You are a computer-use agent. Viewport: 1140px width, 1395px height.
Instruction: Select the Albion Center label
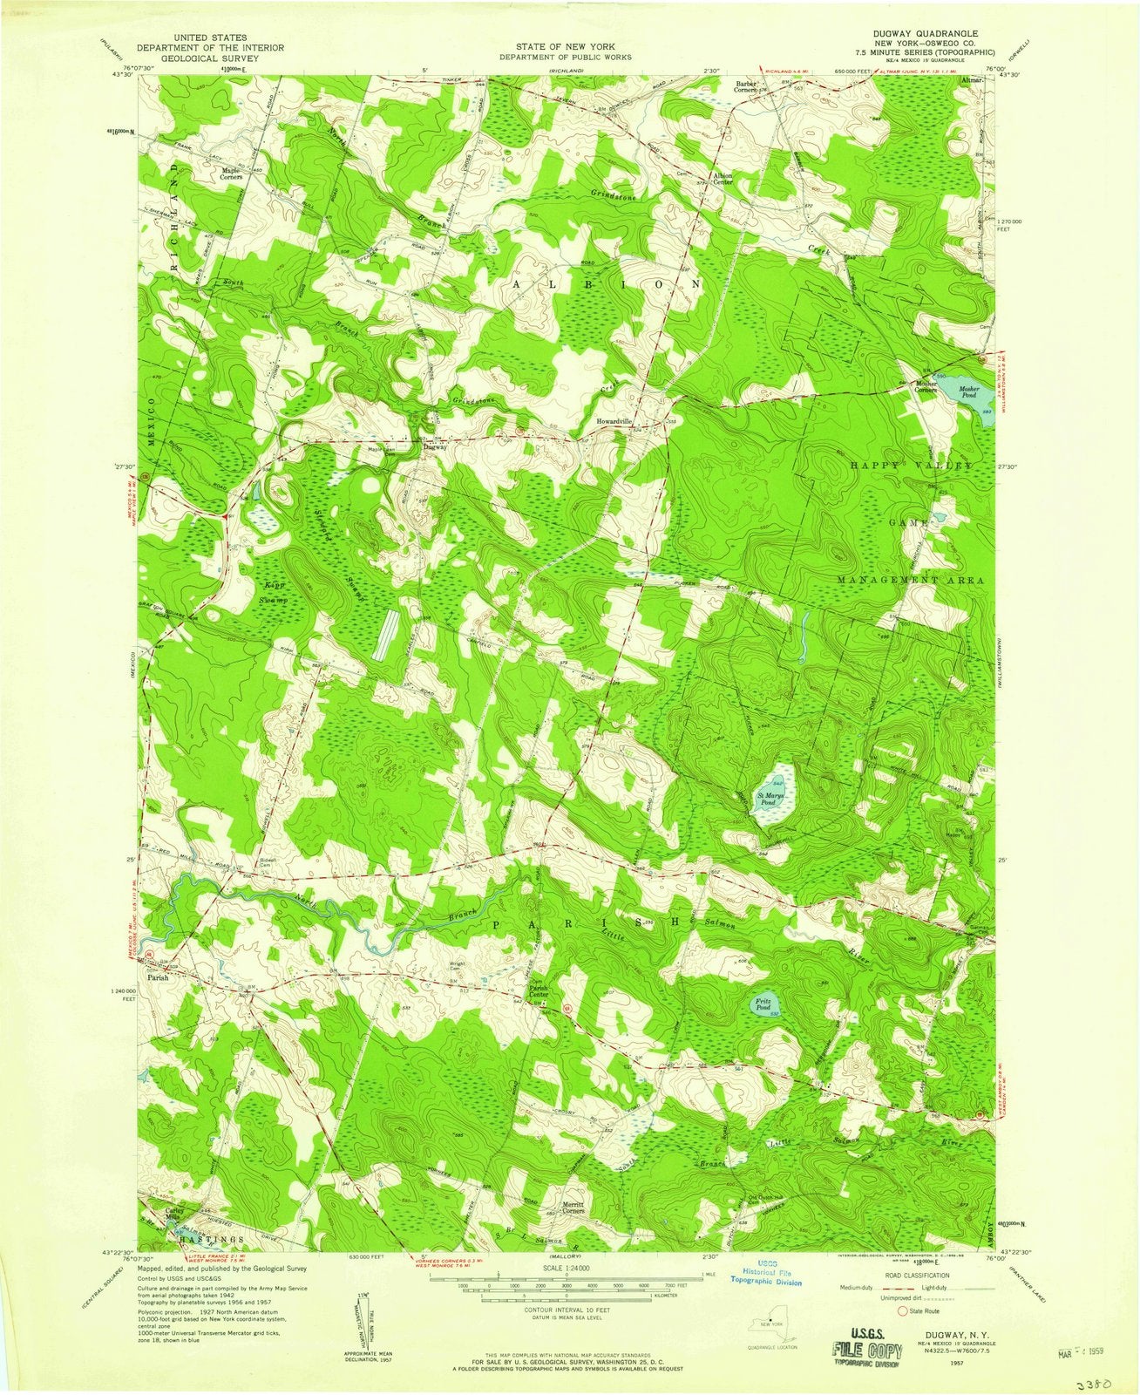coord(723,180)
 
